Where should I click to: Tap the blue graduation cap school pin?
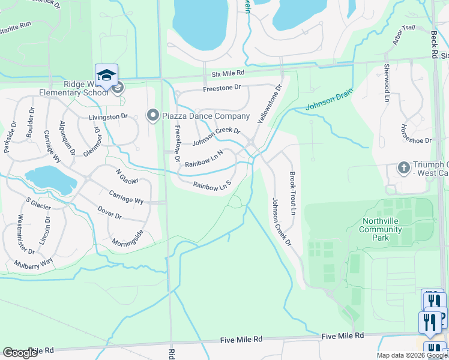pyautogui.click(x=106, y=75)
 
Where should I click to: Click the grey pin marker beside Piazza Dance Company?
pyautogui.click(x=152, y=115)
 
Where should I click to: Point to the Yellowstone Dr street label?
pyautogui.click(x=270, y=104)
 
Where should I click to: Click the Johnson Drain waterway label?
pyautogui.click(x=328, y=100)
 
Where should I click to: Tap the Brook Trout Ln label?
pyautogui.click(x=293, y=194)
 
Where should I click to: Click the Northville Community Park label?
pyautogui.click(x=384, y=229)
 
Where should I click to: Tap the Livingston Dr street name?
pyautogui.click(x=109, y=117)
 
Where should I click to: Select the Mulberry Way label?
pyautogui.click(x=35, y=262)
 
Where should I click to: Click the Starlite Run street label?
pyautogui.click(x=15, y=25)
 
